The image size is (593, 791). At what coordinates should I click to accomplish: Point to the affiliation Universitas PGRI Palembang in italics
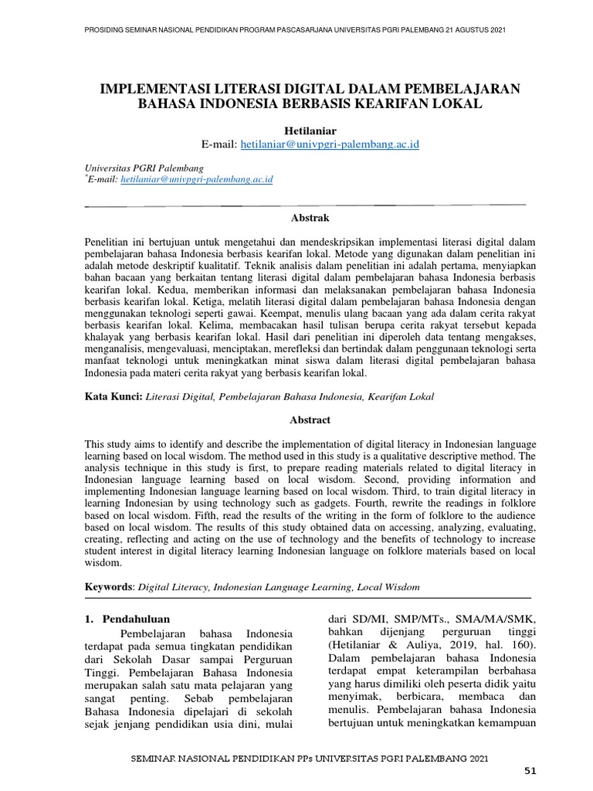tap(144, 167)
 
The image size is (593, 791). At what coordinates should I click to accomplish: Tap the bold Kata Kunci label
tap(114, 396)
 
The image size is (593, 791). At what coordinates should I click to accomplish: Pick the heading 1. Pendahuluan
tap(126, 619)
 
